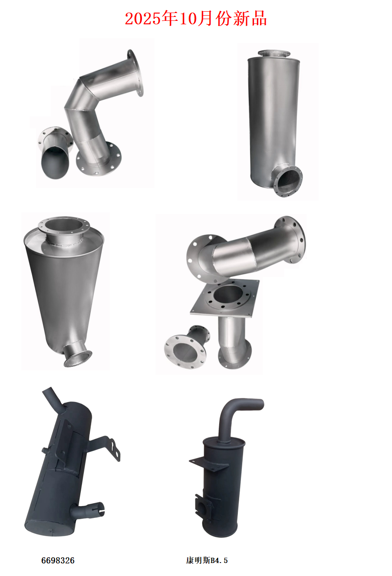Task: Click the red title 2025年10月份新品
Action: pyautogui.click(x=196, y=19)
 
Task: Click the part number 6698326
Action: pyautogui.click(x=58, y=560)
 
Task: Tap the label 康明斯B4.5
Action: pyautogui.click(x=207, y=560)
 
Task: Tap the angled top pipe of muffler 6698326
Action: pyautogui.click(x=53, y=397)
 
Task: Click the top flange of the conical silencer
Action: pyautogui.click(x=64, y=225)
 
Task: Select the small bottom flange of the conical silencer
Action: pyautogui.click(x=78, y=359)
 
